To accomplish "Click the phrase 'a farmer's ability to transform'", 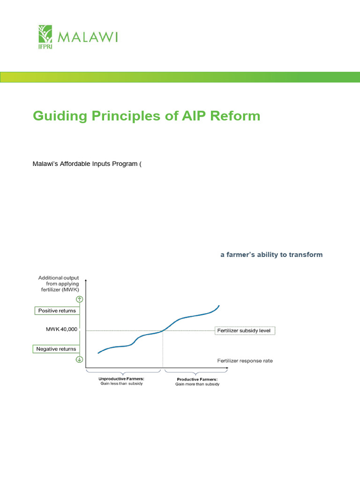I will coord(271,255).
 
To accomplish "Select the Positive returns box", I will coord(57,311).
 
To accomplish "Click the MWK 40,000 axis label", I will coord(61,330).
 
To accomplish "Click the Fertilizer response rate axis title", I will coord(245,361).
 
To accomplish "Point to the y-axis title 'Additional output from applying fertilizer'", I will coord(59,284).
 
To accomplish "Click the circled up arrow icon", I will coord(79,299).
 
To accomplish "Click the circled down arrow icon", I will coord(79,360).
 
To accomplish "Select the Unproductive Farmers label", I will coord(121,378).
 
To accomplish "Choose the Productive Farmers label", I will coord(197,379).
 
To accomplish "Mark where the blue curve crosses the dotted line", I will coord(163,330).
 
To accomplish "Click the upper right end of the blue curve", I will coord(219,306).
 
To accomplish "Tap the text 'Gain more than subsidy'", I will coord(197,384).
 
